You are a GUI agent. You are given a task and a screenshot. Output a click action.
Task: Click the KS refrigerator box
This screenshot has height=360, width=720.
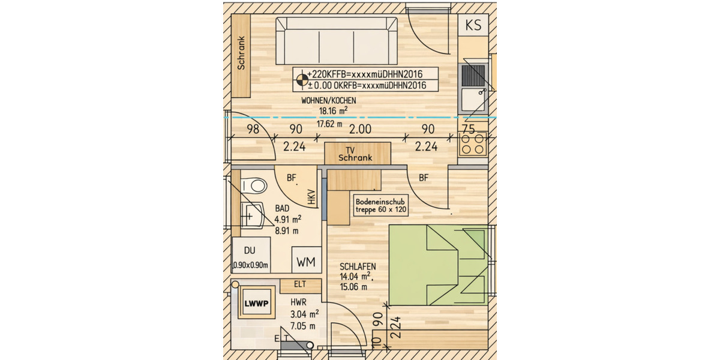pyautogui.click(x=473, y=26)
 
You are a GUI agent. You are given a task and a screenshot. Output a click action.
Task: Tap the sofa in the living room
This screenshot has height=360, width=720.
pyautogui.click(x=336, y=41)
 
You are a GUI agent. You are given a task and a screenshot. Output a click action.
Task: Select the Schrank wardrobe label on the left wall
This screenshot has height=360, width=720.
pyautogui.click(x=241, y=54)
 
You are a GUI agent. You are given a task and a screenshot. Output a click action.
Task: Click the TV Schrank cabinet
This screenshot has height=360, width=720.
pyautogui.click(x=357, y=153)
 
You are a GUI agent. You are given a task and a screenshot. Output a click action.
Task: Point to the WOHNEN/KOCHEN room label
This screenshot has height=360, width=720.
pyautogui.click(x=329, y=101)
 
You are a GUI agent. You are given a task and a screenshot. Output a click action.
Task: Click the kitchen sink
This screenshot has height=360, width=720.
pyautogui.click(x=473, y=87)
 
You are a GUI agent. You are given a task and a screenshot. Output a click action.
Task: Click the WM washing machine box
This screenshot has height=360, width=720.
pyautogui.click(x=306, y=262)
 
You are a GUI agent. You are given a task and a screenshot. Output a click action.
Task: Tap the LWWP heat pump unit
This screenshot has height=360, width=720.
pyautogui.click(x=256, y=304)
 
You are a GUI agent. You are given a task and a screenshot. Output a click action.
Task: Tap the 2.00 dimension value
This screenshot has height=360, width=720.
pyautogui.click(x=360, y=129)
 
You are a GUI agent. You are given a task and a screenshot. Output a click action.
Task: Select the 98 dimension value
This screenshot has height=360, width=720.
pyautogui.click(x=253, y=129)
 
